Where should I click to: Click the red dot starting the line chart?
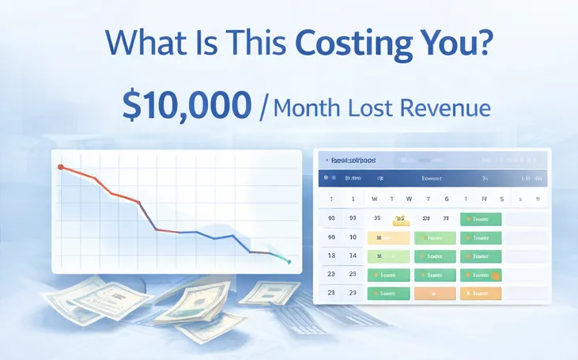60,167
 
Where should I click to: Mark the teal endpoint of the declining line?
289,262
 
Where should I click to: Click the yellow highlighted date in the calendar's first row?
401,218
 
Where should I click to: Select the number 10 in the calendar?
353,237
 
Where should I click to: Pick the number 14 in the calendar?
353,256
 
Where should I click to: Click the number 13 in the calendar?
331,256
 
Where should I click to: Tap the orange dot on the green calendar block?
495,275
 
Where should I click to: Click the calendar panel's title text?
353,160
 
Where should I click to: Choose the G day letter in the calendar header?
447,199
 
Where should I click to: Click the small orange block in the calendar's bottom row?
435,294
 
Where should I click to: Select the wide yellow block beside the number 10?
389,237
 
